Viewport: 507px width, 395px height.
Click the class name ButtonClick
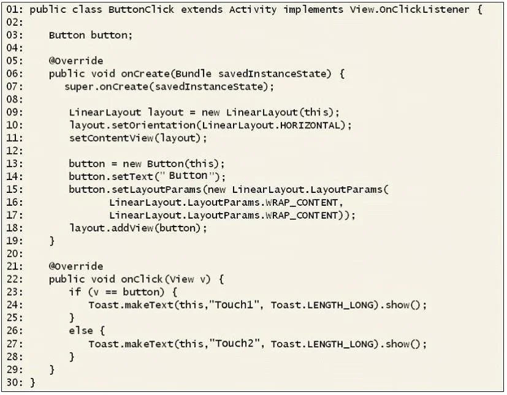tap(141, 10)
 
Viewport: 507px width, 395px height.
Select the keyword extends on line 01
tap(202, 10)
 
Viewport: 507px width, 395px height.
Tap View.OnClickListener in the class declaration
tap(410, 10)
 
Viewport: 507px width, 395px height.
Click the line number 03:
tap(15, 35)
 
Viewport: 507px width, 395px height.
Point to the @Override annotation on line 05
tap(76, 61)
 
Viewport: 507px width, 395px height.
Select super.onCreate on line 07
tap(106, 86)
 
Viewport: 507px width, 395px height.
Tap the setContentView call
tap(111, 138)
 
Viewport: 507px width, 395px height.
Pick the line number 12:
tap(15, 151)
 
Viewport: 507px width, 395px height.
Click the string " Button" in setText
tap(187, 176)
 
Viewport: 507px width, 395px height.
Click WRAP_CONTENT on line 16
tap(302, 203)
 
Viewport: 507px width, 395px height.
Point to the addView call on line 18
tap(132, 228)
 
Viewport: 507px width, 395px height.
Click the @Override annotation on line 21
tap(76, 266)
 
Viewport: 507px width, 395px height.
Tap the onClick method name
tap(142, 279)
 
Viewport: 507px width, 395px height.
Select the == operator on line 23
tap(111, 293)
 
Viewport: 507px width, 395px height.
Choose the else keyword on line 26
tap(81, 331)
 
